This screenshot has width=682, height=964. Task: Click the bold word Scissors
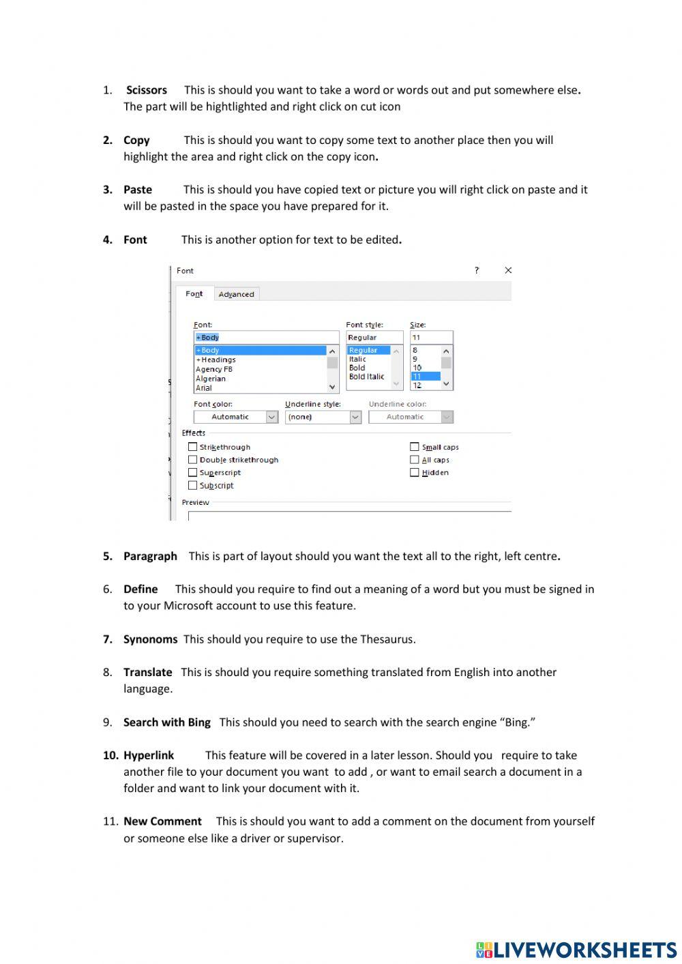point(146,90)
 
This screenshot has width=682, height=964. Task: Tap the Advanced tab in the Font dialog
point(236,294)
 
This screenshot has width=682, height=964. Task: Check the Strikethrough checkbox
point(192,447)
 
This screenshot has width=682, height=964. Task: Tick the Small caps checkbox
point(414,447)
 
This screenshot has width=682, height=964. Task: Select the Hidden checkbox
point(414,472)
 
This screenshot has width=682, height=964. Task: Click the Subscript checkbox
point(192,485)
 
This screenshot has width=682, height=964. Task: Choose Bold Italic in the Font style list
point(366,377)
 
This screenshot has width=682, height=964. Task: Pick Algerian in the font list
point(211,379)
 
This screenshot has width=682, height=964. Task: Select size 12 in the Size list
point(417,385)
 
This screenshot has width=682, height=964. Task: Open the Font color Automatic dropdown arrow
point(271,417)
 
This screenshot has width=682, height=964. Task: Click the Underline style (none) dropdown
point(323,417)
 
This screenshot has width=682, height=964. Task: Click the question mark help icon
point(477,270)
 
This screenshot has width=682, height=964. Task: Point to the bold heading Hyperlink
point(149,755)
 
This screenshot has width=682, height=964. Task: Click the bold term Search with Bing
point(166,722)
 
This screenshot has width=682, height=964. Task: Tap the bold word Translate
point(147,672)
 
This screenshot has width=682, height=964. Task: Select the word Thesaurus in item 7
point(386,639)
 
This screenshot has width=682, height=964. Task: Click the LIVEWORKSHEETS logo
point(576,950)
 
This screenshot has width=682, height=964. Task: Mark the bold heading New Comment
point(162,821)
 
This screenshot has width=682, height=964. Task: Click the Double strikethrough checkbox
point(192,460)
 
